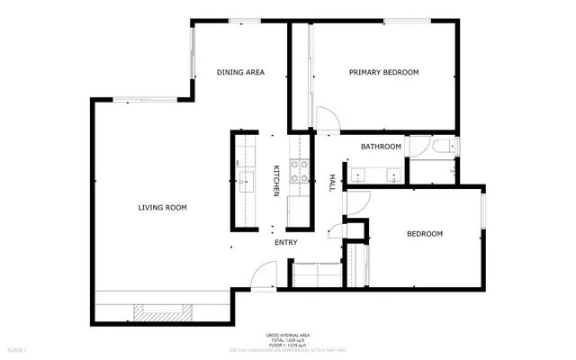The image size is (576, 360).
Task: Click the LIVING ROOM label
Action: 162,208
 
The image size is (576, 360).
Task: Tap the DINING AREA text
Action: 240,72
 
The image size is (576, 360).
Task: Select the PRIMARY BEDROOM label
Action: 384,72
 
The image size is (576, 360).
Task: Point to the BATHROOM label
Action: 381,146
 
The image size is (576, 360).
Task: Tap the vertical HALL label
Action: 331,182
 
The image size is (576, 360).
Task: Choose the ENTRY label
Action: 286,242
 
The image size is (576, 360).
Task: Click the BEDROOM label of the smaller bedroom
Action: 425,234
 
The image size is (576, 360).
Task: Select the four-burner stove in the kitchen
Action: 298,171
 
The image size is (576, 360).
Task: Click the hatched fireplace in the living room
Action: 163,312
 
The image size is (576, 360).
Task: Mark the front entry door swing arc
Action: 265,274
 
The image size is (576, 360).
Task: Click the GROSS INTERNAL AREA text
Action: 285,333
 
